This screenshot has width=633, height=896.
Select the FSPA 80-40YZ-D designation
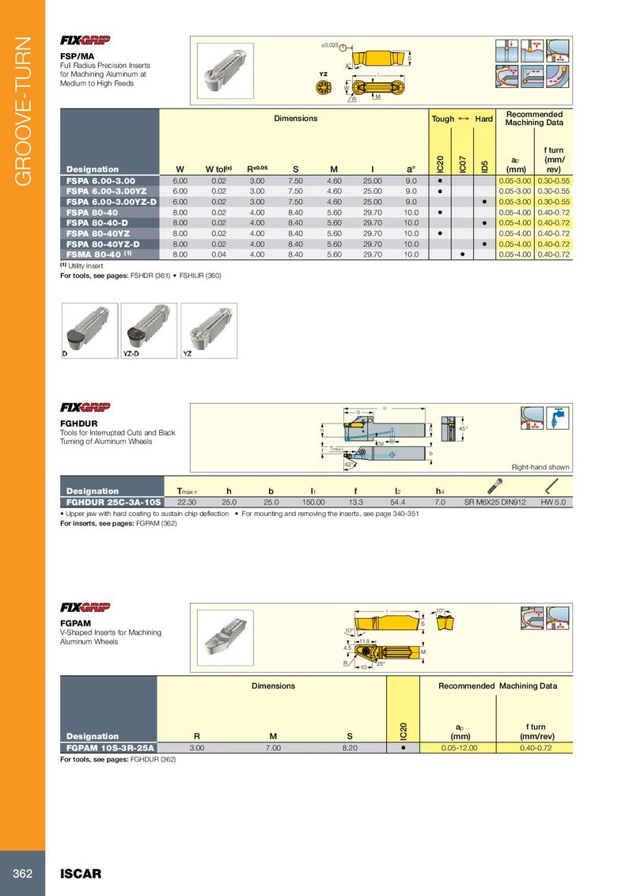click(x=103, y=244)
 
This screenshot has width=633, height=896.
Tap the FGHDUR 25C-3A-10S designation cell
click(x=111, y=501)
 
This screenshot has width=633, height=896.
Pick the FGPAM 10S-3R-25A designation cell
click(x=111, y=746)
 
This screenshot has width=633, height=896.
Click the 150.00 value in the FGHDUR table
click(x=314, y=501)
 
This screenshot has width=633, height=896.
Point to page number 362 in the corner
click(x=21, y=874)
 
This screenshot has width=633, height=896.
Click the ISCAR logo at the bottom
click(x=81, y=874)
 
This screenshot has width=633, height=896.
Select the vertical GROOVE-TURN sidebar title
click(x=22, y=110)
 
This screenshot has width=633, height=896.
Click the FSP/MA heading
click(x=78, y=56)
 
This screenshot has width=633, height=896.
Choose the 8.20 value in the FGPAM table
click(x=343, y=746)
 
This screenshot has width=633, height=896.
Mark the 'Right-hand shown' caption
click(x=540, y=467)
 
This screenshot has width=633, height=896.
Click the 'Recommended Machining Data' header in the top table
click(x=534, y=119)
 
